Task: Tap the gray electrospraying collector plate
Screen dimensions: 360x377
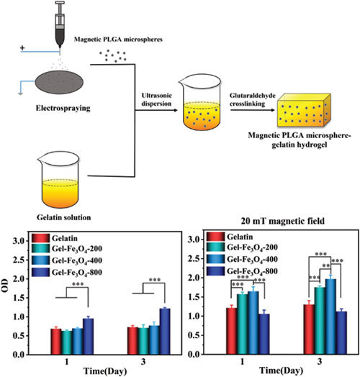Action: pos(59,82)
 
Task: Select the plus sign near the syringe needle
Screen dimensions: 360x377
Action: pos(22,48)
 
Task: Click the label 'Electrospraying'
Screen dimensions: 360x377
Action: pos(63,108)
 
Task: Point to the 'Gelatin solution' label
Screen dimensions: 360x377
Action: pos(64,217)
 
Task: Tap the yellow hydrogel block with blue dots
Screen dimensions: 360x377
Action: pos(304,110)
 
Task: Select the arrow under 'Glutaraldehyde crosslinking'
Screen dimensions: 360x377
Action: pos(253,110)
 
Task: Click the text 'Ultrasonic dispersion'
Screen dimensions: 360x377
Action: pos(157,99)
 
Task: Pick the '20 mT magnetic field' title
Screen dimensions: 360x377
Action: pos(283,221)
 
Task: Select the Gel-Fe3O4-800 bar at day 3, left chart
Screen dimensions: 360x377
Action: pos(165,331)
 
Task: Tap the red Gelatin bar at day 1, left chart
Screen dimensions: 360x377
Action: pos(56,341)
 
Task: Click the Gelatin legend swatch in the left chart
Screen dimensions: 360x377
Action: pos(40,238)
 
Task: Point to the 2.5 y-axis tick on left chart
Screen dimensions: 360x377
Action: pos(19,260)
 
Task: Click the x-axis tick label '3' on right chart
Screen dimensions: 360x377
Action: pos(320,362)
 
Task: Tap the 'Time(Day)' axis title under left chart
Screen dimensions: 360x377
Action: pos(105,371)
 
